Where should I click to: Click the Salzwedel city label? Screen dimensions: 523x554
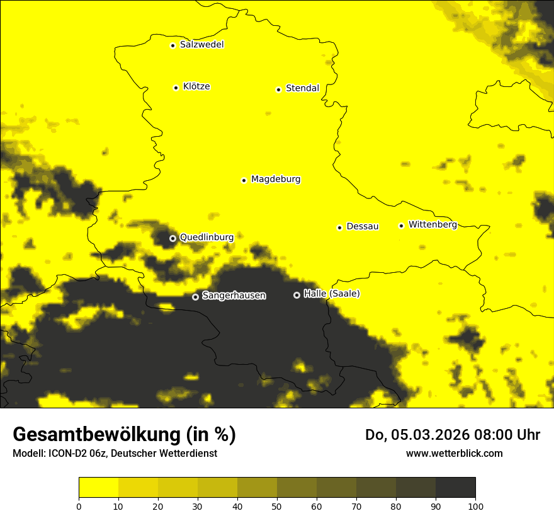click(x=201, y=45)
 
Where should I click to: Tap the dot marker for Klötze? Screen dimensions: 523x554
click(x=176, y=88)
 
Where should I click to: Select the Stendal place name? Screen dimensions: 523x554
click(x=302, y=88)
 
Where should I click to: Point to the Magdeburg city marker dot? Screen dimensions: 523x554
click(x=244, y=180)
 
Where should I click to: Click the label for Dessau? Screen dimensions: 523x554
click(x=363, y=226)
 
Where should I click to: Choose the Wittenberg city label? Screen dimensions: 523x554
click(x=432, y=224)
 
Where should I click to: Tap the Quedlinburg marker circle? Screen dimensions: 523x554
click(x=172, y=238)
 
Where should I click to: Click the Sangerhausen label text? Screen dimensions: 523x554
click(x=234, y=296)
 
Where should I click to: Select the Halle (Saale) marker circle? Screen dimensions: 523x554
click(x=297, y=295)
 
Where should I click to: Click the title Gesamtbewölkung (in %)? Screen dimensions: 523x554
click(x=124, y=435)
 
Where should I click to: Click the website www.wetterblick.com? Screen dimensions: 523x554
click(x=454, y=453)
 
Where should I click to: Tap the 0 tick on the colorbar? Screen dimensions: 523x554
click(x=79, y=506)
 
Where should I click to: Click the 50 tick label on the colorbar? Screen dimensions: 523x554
click(x=277, y=506)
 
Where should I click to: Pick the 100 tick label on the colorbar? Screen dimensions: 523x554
click(x=475, y=506)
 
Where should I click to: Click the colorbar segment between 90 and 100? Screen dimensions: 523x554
click(x=455, y=488)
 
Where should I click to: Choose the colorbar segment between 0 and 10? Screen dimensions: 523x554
click(x=98, y=488)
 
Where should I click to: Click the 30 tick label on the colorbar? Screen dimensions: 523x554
click(x=198, y=506)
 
